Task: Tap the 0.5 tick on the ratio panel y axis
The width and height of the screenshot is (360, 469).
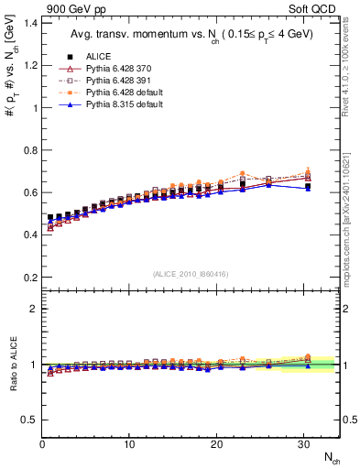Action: pyautogui.click(x=27, y=420)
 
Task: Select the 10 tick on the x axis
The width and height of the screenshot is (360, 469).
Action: pyautogui.click(x=129, y=444)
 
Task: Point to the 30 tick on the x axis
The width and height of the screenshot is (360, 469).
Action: pyautogui.click(x=303, y=444)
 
